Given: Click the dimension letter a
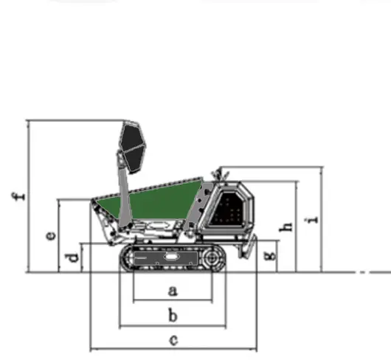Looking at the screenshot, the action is [173, 291].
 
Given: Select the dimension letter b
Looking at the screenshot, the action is [173, 315].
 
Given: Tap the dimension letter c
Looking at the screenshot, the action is [173, 340].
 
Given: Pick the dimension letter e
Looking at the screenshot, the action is [52, 236].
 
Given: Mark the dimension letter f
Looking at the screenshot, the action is [18, 196].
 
